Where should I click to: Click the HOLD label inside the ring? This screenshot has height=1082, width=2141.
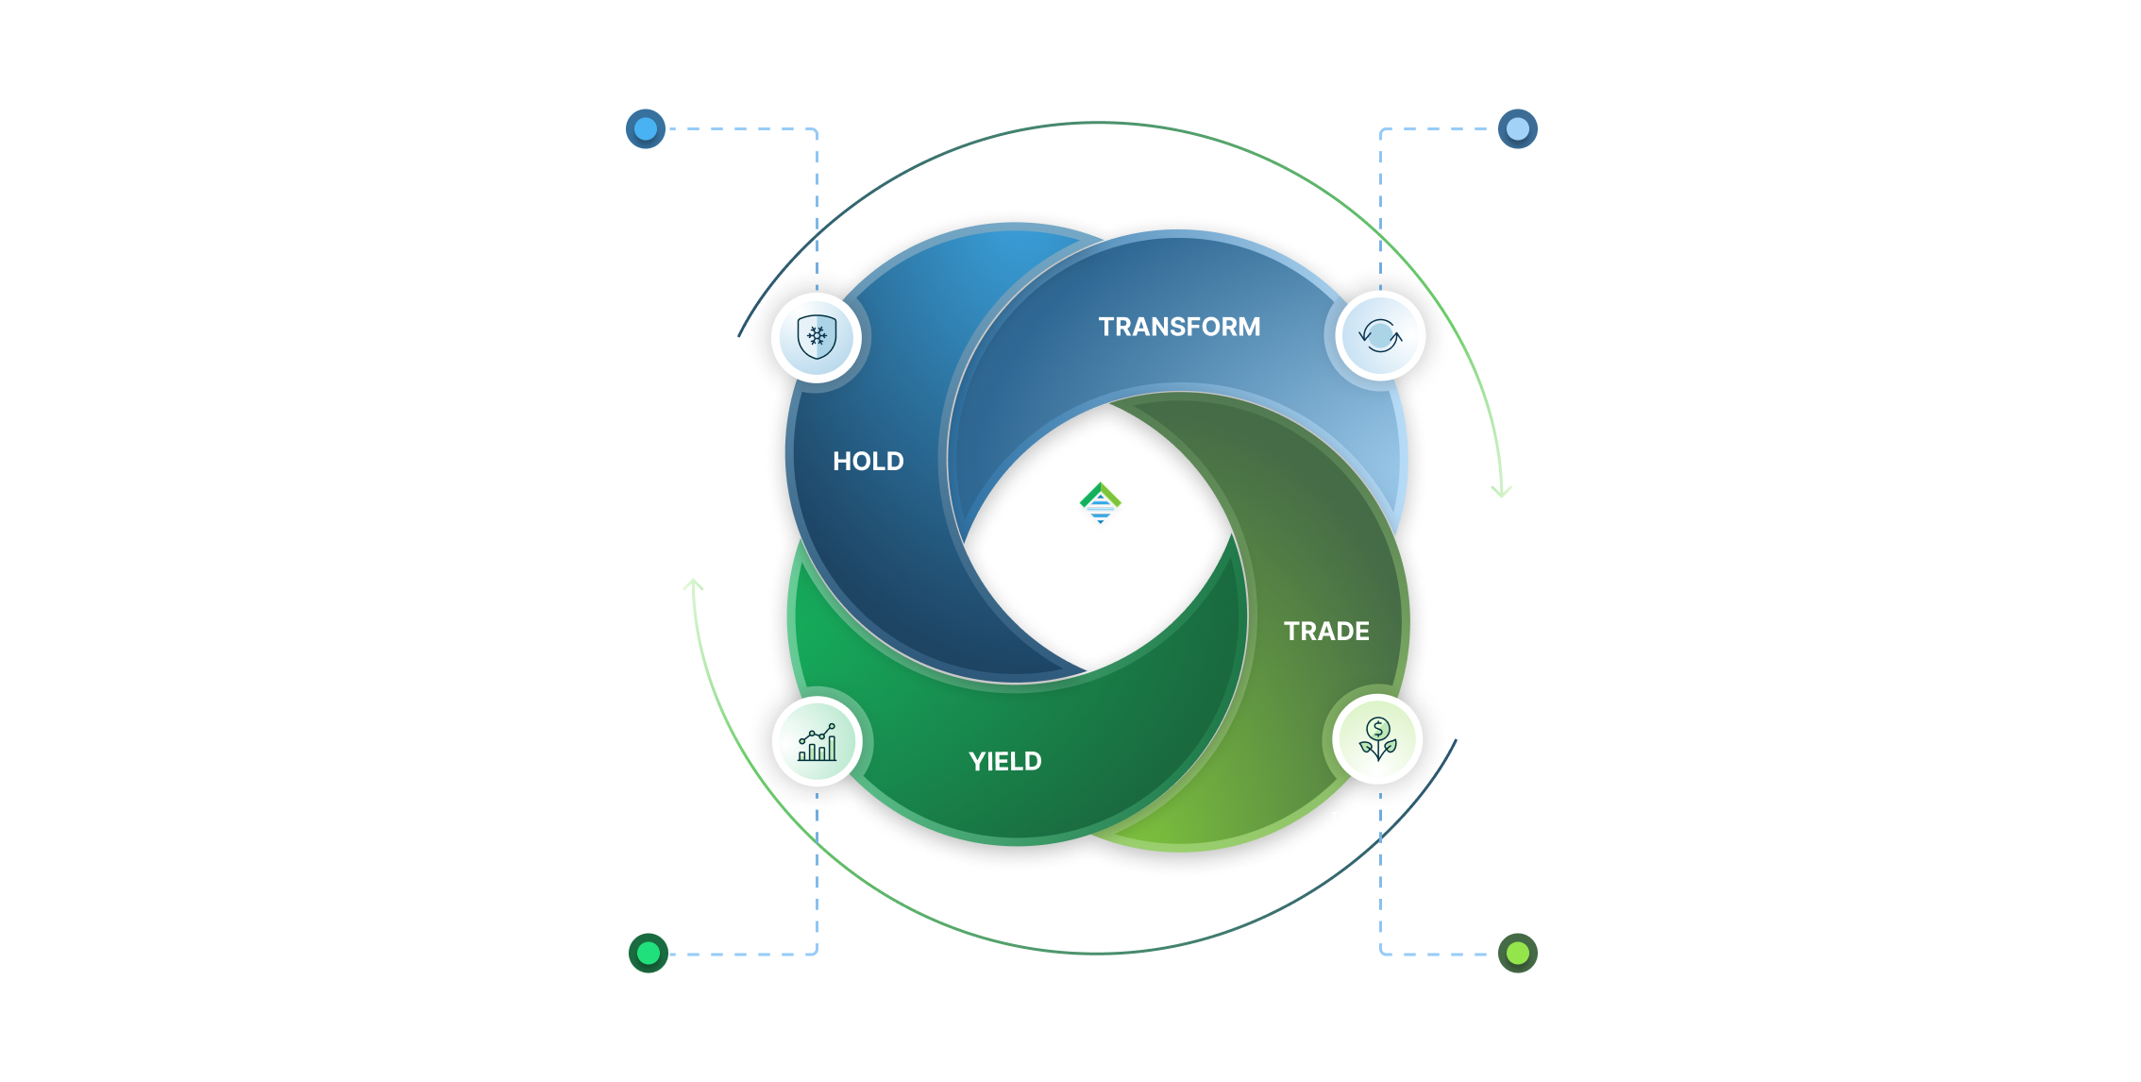coord(868,461)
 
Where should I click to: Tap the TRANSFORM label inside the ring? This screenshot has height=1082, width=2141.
coord(1179,327)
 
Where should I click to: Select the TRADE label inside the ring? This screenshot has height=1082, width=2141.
coord(1326,631)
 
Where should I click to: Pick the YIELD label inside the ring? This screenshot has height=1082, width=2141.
coord(1005,761)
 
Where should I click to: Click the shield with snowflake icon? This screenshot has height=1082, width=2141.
coord(817,337)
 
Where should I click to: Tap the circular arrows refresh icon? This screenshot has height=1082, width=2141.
coord(1379,336)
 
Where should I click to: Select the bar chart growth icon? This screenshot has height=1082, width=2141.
coord(818,742)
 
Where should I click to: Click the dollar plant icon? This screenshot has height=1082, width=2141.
coord(1378,739)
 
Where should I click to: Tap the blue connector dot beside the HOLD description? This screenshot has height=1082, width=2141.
coord(647,128)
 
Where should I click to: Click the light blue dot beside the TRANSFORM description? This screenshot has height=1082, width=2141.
coord(1517,128)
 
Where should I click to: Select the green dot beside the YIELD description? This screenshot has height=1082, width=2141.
coord(649,954)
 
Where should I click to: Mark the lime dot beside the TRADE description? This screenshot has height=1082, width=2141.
coord(1517,954)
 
